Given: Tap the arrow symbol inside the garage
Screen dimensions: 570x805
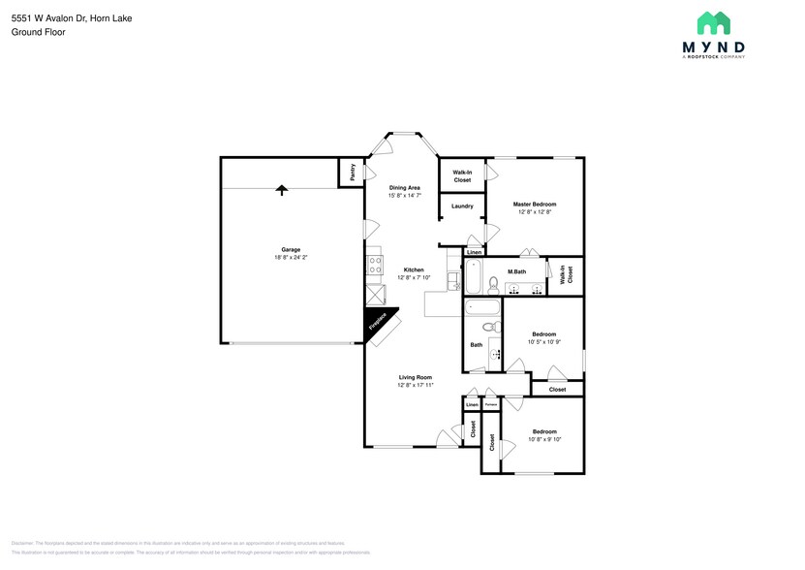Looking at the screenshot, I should [282, 189].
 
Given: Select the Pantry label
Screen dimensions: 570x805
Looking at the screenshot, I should [352, 172].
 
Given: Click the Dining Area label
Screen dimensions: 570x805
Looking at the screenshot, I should [404, 187].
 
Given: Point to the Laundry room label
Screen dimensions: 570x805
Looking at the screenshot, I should [462, 206].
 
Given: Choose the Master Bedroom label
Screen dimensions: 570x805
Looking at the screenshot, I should [535, 205].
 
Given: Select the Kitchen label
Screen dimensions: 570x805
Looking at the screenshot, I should [414, 270].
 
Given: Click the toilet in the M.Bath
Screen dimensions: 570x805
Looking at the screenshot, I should [493, 285].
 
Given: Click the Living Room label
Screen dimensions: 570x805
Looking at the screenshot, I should [415, 377].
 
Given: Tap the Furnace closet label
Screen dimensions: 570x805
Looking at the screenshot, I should [491, 404].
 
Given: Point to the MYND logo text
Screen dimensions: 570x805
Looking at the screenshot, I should [713, 47].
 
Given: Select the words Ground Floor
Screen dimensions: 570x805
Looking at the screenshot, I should [34, 32].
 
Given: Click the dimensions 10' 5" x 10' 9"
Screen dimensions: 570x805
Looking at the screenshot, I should [543, 342].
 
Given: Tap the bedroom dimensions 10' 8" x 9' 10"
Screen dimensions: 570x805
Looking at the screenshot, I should [543, 439].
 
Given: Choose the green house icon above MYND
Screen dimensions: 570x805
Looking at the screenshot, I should [713, 23].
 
